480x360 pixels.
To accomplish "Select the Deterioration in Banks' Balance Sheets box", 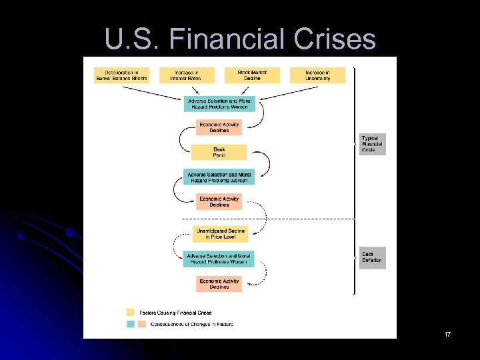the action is (121, 75).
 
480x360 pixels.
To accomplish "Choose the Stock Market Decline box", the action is (251, 75).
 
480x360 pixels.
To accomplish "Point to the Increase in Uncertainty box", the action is (317, 75).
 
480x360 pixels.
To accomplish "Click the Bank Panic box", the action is (219, 152).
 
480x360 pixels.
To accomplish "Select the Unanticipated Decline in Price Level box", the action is (220, 233).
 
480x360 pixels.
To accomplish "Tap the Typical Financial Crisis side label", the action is (373, 144).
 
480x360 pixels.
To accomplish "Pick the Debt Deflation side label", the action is (372, 257).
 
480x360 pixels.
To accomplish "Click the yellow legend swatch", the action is (131, 312).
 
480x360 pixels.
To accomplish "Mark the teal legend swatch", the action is (131, 324).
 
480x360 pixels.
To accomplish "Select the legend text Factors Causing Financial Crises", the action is (175, 312).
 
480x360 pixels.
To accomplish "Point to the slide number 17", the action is (447, 333).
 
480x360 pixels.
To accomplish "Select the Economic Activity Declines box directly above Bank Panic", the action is (219, 127).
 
